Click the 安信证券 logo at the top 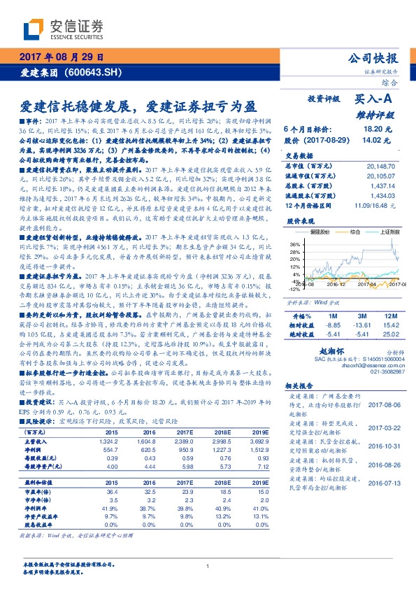coord(63,29)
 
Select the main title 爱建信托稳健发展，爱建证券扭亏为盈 coord(137,106)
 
